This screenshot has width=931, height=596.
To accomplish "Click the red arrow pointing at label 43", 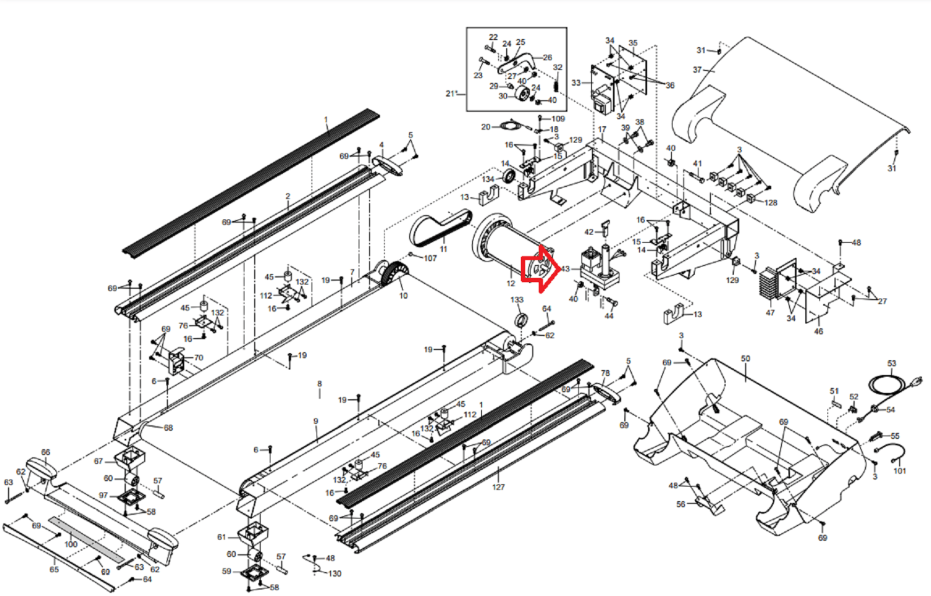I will point(538,268).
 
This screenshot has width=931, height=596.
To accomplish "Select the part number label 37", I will point(697,70).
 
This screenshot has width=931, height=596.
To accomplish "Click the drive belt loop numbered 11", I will point(438,228).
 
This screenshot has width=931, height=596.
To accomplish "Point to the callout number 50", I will point(745,359).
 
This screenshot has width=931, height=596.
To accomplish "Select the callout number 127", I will point(498,487).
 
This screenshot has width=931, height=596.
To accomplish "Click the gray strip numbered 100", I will point(87,539).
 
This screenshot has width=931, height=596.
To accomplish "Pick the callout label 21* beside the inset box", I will point(452,93).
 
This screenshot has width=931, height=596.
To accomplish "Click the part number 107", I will point(430,258).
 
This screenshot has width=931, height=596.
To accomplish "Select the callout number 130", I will point(335,573).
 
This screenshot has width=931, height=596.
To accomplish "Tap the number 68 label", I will point(168,428).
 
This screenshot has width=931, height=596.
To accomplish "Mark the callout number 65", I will point(54,569).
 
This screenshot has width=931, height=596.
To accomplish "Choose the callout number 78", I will point(605,373).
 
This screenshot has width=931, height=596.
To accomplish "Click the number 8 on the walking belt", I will point(319,384).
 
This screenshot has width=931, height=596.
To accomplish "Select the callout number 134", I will point(488,179).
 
